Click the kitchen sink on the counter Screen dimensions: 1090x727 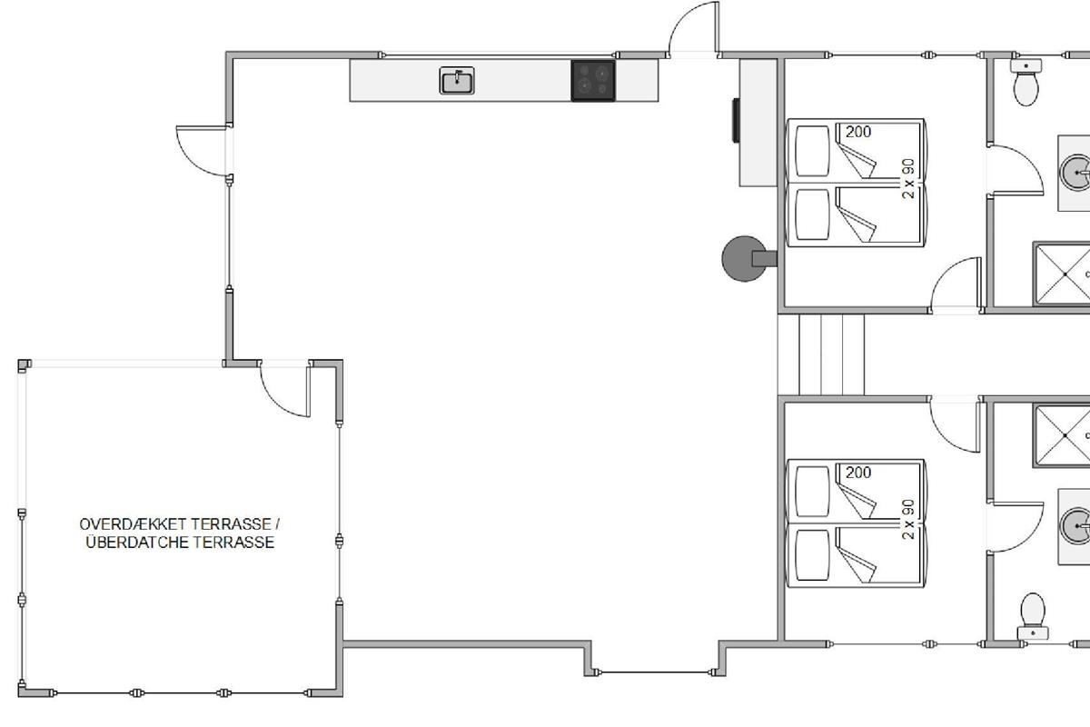click(457, 80)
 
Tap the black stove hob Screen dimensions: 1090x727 click(593, 81)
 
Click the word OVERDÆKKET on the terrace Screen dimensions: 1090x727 click(126, 524)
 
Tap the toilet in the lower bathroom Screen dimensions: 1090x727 click(1033, 616)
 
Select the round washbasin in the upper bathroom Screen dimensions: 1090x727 click(1075, 173)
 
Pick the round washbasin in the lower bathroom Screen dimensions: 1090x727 click(1075, 526)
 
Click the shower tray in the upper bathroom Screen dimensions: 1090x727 click(1062, 274)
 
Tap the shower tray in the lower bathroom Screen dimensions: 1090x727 click(1062, 435)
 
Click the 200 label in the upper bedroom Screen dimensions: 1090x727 click(858, 132)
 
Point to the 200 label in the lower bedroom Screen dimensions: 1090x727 click(858, 473)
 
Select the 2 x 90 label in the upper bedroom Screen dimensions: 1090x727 click(908, 178)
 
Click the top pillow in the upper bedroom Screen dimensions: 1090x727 click(812, 151)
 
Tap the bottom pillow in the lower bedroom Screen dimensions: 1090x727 click(812, 555)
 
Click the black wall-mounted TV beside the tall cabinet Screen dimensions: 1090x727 click(737, 120)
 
